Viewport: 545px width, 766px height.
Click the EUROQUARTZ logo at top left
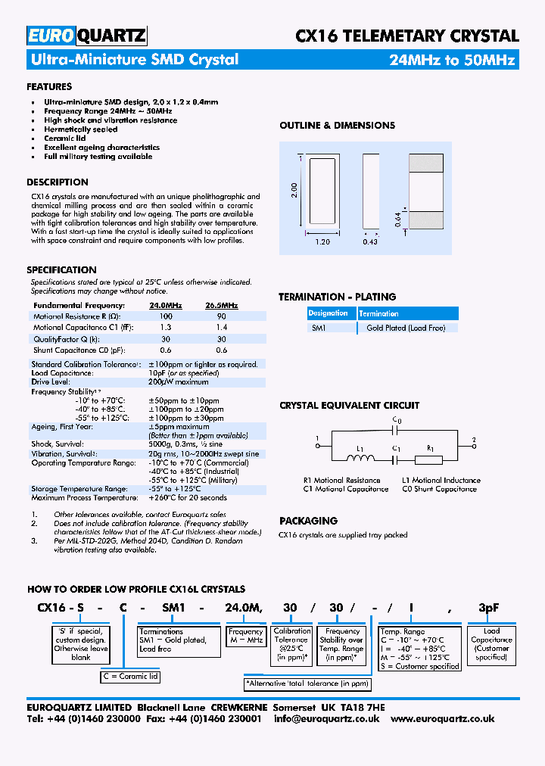pos(86,36)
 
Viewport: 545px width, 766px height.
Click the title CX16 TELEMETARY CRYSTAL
pos(406,36)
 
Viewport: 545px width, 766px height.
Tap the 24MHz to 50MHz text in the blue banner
pos(452,60)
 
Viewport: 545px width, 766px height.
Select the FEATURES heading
pos(49,87)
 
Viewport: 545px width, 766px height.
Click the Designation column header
pos(329,313)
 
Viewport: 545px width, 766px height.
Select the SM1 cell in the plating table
pos(319,328)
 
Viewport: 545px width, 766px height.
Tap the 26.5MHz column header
pos(221,305)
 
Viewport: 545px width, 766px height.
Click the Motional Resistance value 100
pos(166,316)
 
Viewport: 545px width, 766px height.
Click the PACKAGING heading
pos(308,521)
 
